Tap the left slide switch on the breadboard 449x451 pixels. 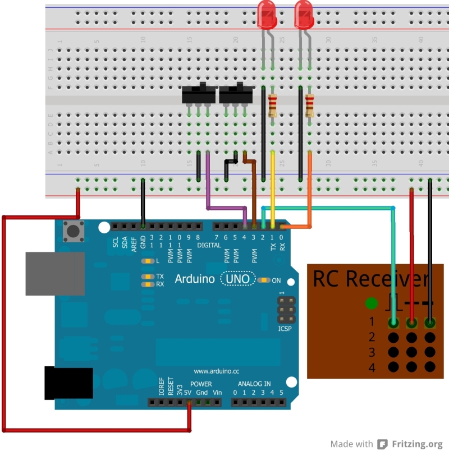[198, 95]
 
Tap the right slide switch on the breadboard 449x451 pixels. [235, 95]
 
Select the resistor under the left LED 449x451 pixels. [273, 105]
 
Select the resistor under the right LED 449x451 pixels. [309, 105]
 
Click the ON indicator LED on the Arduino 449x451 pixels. [265, 280]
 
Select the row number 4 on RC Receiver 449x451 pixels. [371, 368]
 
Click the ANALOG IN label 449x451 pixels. [254, 384]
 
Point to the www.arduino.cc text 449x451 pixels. [216, 371]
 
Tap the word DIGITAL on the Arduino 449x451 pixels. [209, 245]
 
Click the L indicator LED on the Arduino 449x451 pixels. [148, 261]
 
